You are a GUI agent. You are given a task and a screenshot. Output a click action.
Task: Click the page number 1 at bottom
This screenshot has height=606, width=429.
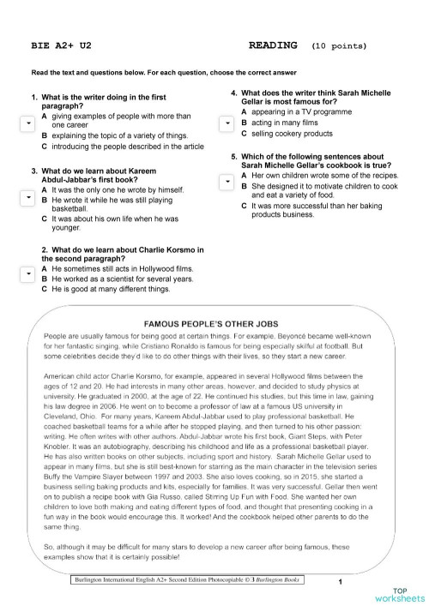340,583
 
